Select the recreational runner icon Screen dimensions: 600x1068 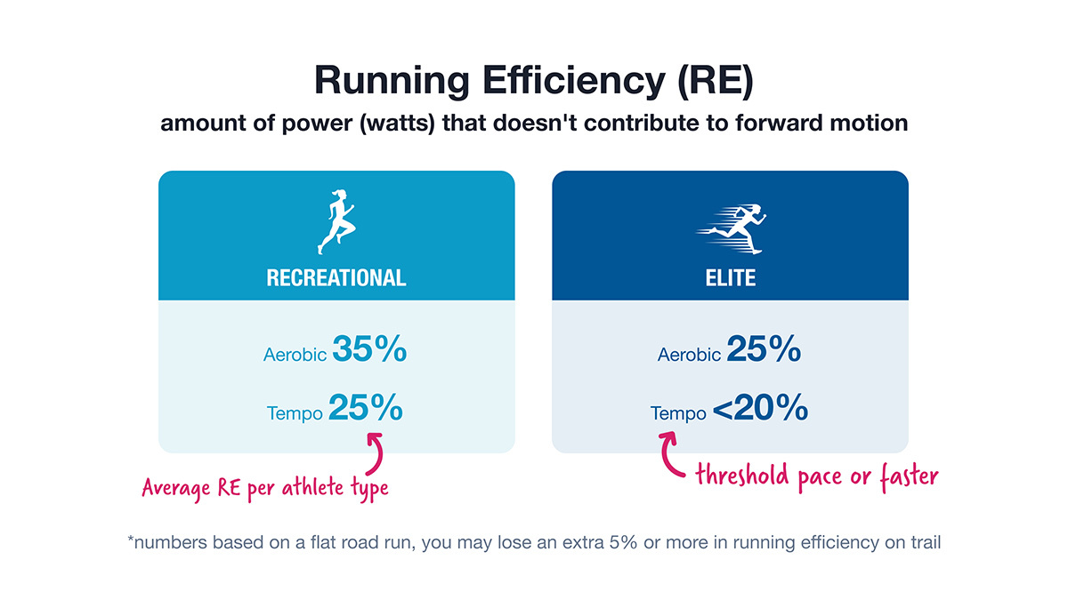(336, 222)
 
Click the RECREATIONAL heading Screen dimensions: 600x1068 (336, 277)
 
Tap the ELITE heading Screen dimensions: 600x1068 (730, 277)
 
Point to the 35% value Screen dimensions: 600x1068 (369, 350)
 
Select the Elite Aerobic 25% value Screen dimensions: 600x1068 (764, 350)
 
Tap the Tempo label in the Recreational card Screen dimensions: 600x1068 (295, 413)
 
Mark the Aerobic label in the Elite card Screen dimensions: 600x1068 (689, 355)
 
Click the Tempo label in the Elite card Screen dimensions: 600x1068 (678, 413)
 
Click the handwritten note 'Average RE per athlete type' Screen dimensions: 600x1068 (265, 489)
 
